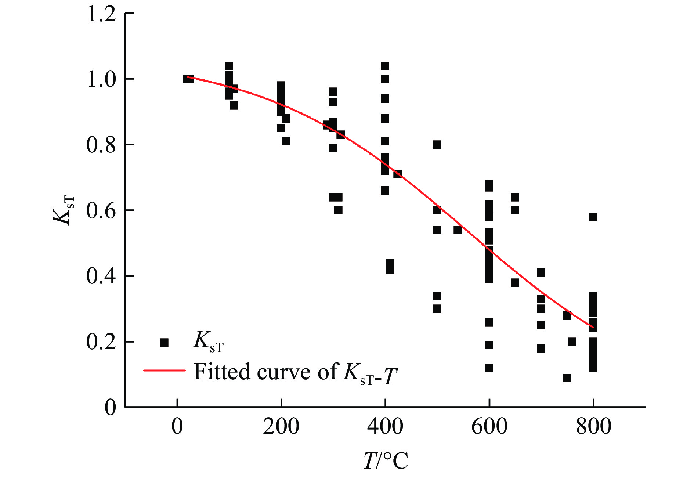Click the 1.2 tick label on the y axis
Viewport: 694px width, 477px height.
tap(101, 15)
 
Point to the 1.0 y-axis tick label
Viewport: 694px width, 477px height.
tap(101, 79)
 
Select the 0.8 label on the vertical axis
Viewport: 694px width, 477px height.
tap(101, 145)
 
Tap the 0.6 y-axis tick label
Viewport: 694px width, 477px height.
tap(101, 211)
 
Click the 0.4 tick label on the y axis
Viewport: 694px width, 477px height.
tap(101, 276)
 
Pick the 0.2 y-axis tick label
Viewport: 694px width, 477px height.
tap(101, 342)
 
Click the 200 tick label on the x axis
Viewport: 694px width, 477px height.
tap(281, 427)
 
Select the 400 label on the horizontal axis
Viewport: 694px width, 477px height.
tap(385, 427)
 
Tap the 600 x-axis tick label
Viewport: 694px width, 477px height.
tap(489, 427)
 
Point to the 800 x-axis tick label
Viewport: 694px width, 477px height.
tap(593, 427)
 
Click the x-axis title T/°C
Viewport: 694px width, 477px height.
tap(386, 460)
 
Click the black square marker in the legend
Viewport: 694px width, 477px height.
tap(164, 343)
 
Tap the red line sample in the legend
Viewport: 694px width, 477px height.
tap(164, 371)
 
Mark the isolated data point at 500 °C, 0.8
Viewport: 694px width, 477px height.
tap(437, 145)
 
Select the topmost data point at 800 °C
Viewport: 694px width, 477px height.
tap(593, 217)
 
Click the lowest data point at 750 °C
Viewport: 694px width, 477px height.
tap(567, 378)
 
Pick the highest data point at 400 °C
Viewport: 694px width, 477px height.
tap(385, 66)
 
